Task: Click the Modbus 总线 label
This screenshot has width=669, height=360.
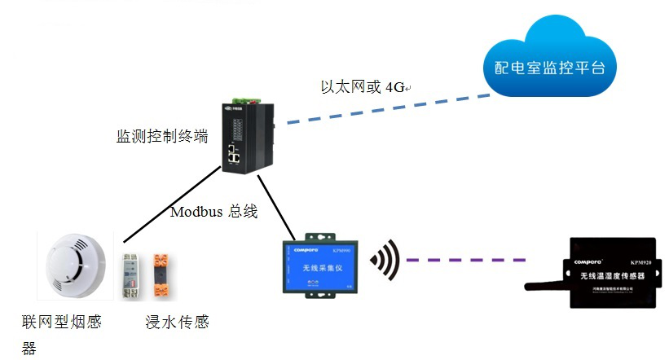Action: coord(213,212)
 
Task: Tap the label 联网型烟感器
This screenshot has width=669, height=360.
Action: coord(62,323)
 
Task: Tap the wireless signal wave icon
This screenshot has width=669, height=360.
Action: coord(385,260)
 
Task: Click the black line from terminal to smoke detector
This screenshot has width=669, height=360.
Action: coord(171,204)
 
